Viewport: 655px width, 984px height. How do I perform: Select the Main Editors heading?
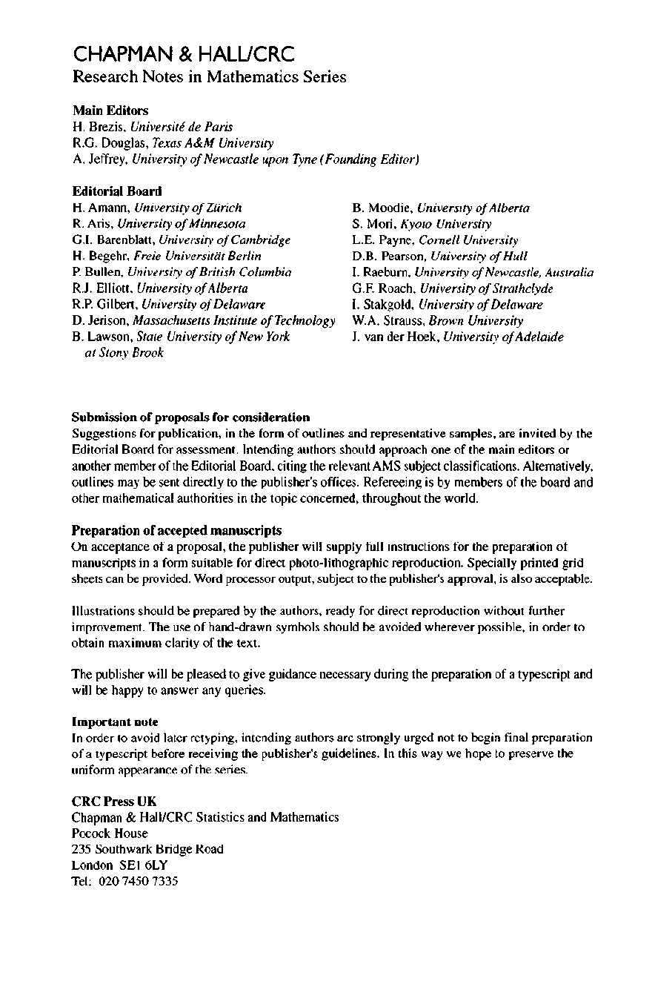coord(110,110)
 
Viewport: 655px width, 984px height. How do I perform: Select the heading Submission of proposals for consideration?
coord(190,417)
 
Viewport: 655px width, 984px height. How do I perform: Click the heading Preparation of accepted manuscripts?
coord(176,530)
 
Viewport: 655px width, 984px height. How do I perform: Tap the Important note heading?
coord(115,722)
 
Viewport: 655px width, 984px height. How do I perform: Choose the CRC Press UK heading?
coord(114,802)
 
